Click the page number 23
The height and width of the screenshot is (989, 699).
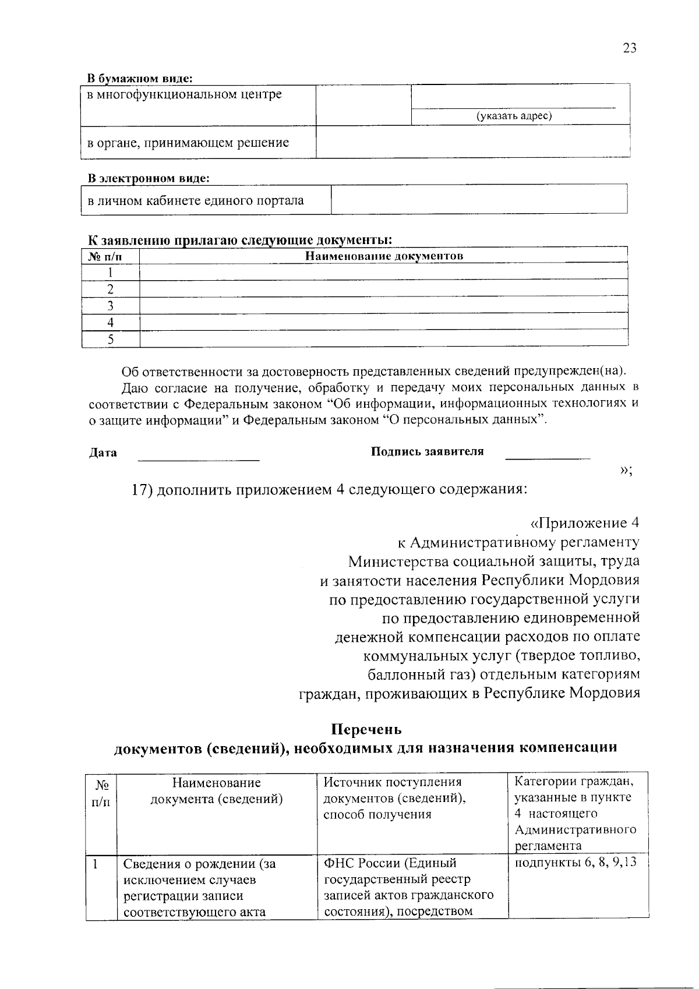[x=629, y=48]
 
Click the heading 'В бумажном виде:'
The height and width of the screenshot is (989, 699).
[x=140, y=78]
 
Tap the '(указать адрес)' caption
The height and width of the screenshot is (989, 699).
[x=514, y=116]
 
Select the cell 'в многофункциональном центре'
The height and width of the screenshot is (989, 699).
[x=185, y=94]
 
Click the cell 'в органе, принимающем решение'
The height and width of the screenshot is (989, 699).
[x=188, y=143]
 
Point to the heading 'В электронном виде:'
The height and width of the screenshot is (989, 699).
[x=149, y=178]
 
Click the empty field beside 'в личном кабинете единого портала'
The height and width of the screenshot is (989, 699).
[x=478, y=200]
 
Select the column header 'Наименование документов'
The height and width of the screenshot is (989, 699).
[x=384, y=256]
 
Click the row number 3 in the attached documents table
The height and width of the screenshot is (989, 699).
[x=110, y=306]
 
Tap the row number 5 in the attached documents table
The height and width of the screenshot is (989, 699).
[x=110, y=339]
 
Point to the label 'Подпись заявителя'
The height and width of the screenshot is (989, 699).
[x=427, y=451]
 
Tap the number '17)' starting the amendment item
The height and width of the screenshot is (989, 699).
[x=142, y=489]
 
